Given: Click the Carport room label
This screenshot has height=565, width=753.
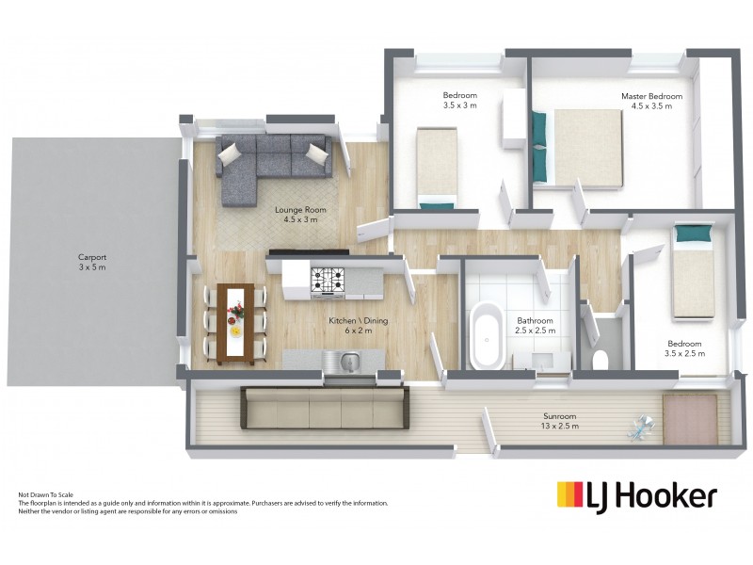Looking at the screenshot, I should [x=92, y=262].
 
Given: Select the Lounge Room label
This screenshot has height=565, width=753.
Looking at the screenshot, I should [x=296, y=214].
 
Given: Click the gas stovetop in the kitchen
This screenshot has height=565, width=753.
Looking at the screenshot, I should [x=329, y=279].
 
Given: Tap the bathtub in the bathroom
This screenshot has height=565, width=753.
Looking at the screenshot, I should [x=489, y=334].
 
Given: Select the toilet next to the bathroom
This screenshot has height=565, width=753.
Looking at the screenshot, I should [x=601, y=358].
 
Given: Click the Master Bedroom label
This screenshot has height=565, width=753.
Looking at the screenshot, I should [x=651, y=101].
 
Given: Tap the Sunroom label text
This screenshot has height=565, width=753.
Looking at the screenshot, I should [x=559, y=421].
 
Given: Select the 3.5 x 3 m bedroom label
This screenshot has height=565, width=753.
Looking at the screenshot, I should [x=460, y=100].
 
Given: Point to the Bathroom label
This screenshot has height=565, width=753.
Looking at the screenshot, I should [x=535, y=325].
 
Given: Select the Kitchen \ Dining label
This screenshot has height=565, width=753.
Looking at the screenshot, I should [x=358, y=325].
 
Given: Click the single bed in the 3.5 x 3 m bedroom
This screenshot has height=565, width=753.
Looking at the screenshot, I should [x=437, y=168].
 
